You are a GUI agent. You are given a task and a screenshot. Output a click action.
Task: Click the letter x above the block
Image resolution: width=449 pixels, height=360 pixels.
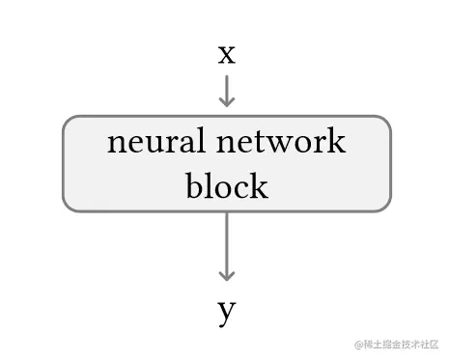(226, 54)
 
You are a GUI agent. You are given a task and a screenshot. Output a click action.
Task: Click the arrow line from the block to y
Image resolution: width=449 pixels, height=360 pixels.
(226, 241)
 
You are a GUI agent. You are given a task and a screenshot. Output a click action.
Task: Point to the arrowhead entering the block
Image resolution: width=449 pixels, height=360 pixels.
(226, 101)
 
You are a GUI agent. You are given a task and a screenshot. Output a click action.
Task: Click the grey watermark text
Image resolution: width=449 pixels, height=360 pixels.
(398, 345)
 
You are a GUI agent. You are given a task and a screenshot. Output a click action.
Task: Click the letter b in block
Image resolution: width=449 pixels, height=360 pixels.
(193, 183)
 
